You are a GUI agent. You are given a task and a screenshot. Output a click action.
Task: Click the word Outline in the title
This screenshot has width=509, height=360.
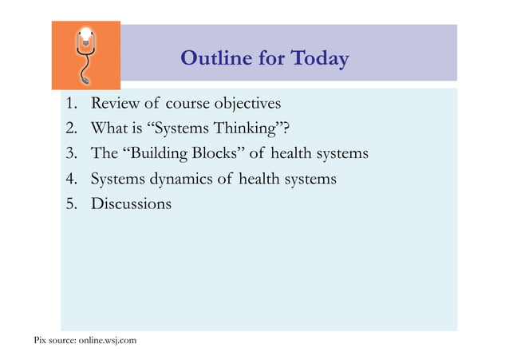pyautogui.click(x=211, y=59)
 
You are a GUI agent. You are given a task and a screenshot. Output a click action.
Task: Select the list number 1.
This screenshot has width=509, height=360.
pyautogui.click(x=72, y=105)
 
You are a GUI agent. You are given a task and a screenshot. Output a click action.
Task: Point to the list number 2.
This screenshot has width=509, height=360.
pyautogui.click(x=72, y=129)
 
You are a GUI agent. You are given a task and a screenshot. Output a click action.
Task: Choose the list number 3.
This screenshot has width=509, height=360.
pyautogui.click(x=72, y=154)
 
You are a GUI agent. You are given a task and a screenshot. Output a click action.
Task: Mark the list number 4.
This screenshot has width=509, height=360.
pyautogui.click(x=72, y=180)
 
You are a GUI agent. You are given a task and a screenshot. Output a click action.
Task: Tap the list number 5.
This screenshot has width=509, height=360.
pyautogui.click(x=72, y=204)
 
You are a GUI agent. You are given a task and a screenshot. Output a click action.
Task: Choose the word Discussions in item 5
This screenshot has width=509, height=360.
pyautogui.click(x=131, y=204)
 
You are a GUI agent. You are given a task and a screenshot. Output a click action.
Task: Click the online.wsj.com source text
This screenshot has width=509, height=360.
pyautogui.click(x=107, y=342)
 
